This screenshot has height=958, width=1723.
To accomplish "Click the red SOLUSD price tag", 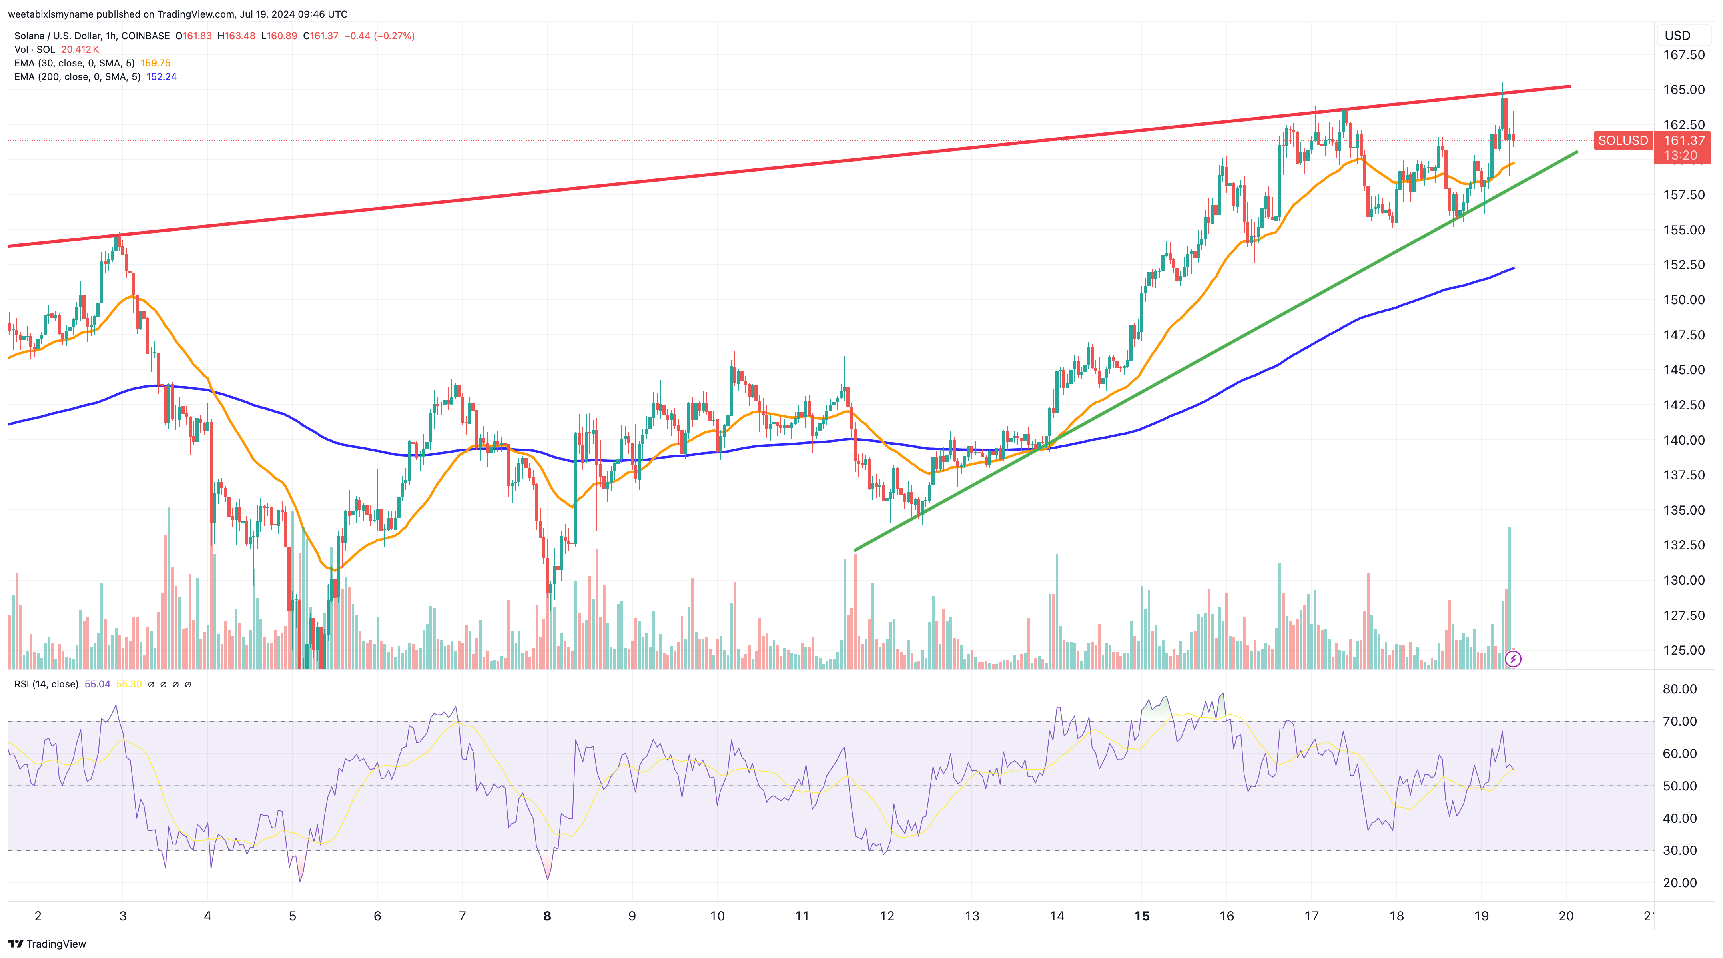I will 1623,140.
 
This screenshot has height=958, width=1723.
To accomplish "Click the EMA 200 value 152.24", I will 161,77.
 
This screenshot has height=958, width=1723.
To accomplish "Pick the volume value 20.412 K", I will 80,50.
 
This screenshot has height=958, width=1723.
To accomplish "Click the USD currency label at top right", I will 1677,36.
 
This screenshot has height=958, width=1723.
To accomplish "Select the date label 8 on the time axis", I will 547,916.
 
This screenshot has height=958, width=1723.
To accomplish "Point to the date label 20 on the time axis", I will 1566,916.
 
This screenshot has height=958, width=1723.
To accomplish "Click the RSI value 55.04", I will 97,684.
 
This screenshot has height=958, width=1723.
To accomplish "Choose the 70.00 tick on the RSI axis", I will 1679,721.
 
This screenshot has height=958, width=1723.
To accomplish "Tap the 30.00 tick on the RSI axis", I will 1679,850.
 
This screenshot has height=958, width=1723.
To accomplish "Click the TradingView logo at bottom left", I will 47,944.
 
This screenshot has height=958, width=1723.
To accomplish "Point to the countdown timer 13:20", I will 1680,155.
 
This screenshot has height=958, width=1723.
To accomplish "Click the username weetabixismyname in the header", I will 50,14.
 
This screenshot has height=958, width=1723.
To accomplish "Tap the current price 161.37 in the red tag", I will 1683,140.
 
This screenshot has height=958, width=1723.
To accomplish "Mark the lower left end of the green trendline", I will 856,550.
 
